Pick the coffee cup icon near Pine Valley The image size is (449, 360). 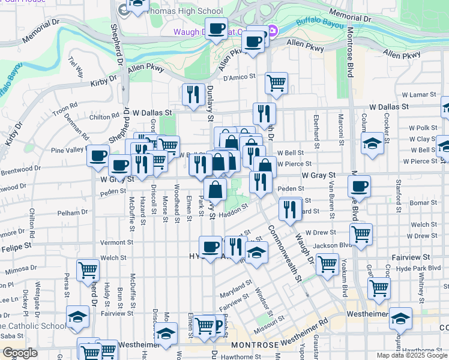coord(98,155)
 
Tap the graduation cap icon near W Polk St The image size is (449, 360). coord(372,143)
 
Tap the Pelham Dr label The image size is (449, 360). coord(73,212)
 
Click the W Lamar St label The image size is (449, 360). coord(418,95)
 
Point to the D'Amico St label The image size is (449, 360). coord(240,77)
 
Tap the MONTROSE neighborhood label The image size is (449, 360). coord(255,346)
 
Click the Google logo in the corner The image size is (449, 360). coord(20,353)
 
